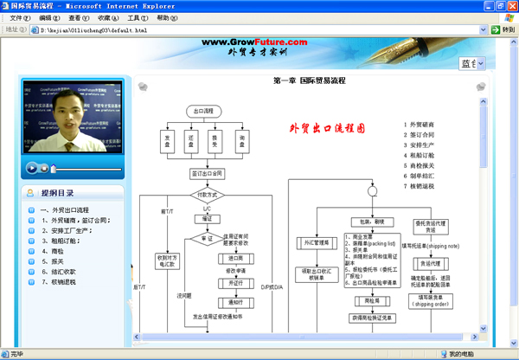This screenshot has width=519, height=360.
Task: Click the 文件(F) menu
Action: point(18,17)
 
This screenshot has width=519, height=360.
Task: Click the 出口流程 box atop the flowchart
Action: point(205,111)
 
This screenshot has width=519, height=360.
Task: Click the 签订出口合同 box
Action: point(206,172)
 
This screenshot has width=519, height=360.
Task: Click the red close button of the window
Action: point(509,5)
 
